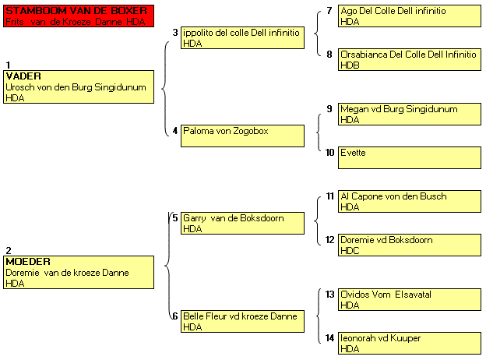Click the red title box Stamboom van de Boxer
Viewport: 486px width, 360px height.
point(79,16)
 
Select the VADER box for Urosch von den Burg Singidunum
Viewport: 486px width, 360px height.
point(79,86)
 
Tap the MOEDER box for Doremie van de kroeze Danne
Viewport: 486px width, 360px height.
point(79,272)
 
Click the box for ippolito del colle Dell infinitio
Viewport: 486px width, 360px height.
point(242,37)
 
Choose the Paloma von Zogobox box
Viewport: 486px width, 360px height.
point(242,136)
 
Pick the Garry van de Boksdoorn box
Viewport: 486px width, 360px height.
point(242,223)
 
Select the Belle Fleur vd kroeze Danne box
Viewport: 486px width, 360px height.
point(242,321)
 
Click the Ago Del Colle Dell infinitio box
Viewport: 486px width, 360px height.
point(410,16)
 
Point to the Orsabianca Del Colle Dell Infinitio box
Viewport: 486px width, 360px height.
point(410,59)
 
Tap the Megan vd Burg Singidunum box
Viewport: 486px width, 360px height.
point(410,114)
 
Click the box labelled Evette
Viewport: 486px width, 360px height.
point(410,158)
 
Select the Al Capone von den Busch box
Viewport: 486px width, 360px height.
point(410,201)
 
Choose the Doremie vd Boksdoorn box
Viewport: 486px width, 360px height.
point(410,245)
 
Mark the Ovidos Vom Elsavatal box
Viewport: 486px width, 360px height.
point(410,299)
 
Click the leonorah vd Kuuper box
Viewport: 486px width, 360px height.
point(410,344)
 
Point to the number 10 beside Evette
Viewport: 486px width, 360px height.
point(329,153)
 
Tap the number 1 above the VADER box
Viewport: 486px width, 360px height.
point(8,65)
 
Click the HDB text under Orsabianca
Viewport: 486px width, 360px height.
point(350,65)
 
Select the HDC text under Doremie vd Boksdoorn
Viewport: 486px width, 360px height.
point(350,251)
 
